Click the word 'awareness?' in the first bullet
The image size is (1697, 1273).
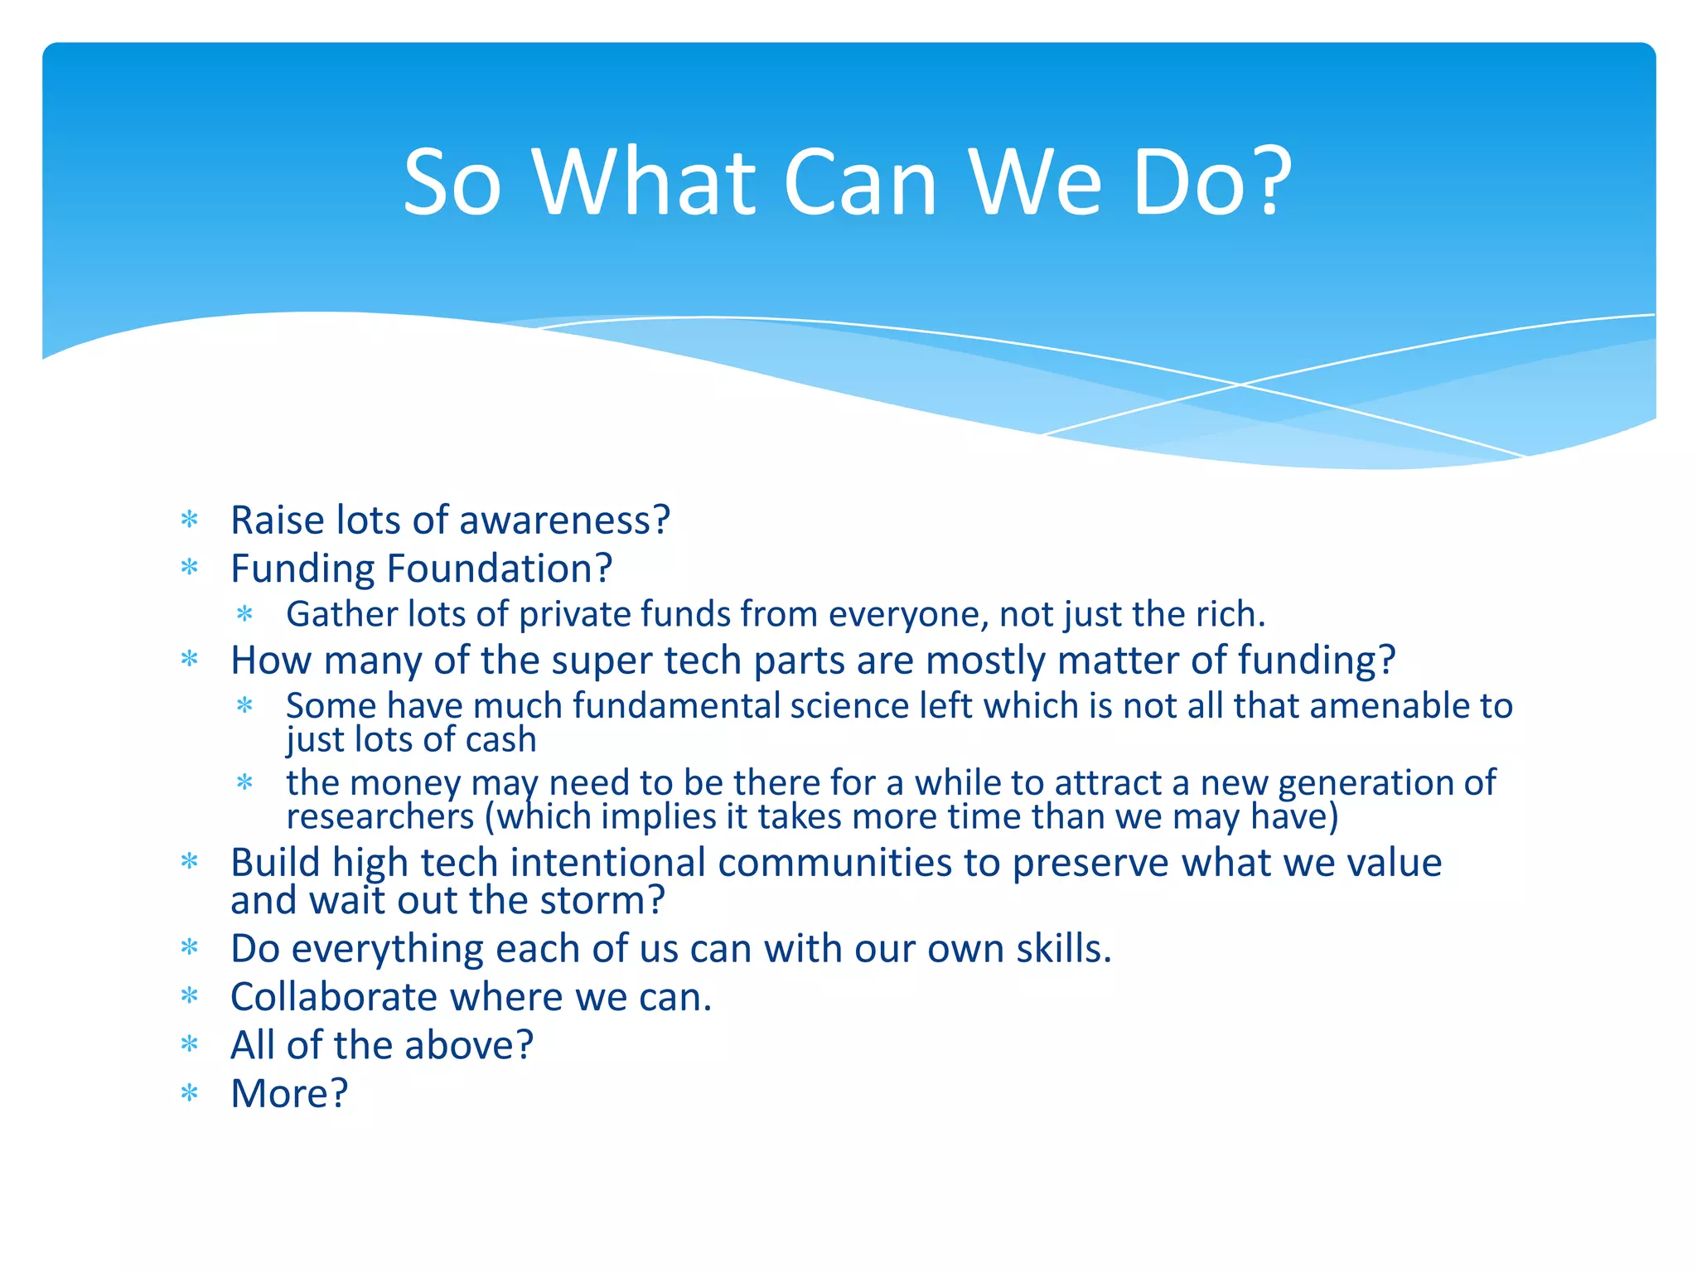[564, 520]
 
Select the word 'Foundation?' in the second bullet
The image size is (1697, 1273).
[500, 569]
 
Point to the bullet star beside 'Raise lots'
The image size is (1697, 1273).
[190, 520]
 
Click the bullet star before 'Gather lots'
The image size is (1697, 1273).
[244, 614]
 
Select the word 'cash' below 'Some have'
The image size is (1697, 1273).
[500, 739]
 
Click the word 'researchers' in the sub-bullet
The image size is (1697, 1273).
[380, 816]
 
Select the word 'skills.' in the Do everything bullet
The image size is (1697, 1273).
[1064, 949]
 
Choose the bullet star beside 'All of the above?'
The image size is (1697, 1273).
[190, 1044]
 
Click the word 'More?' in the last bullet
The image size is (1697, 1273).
[289, 1093]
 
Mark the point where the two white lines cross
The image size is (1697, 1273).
[1240, 385]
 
